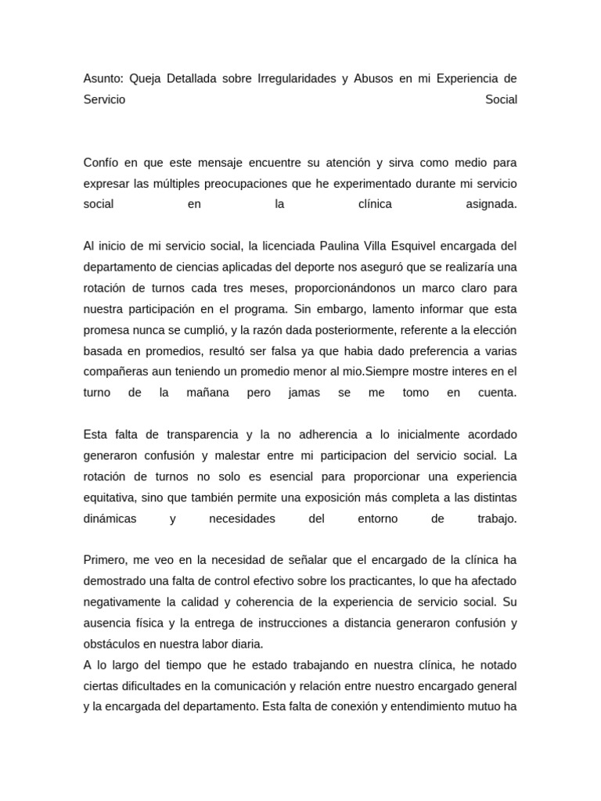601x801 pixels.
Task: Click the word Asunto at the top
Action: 103,79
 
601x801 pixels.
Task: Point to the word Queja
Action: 145,79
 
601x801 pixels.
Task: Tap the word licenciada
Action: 287,246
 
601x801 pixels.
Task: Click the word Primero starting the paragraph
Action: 106,560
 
